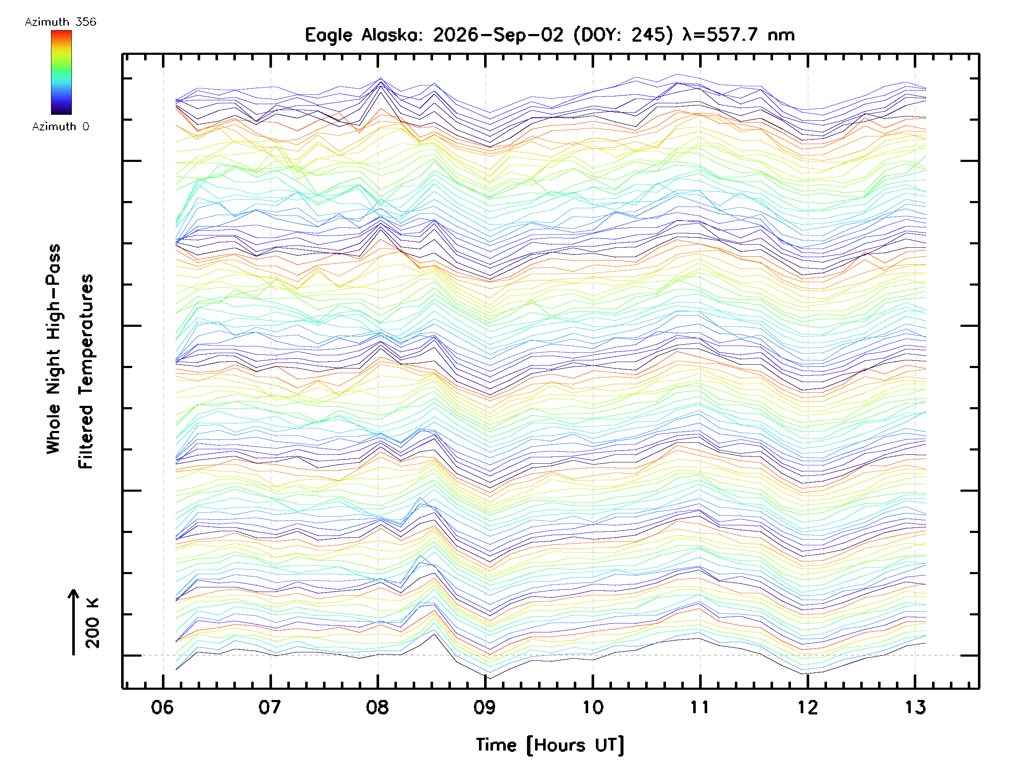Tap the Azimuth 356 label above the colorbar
point(60,22)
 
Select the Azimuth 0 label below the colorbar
point(60,126)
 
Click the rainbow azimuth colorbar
point(61,72)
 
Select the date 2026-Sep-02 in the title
point(498,35)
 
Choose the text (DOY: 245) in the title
point(623,35)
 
